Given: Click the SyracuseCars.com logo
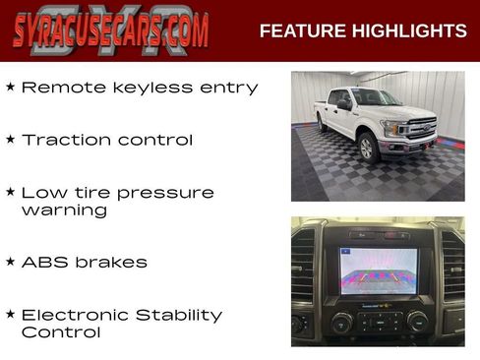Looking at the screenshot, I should click(x=110, y=30).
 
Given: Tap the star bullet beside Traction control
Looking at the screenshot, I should click(x=10, y=140).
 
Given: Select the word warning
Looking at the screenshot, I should click(x=64, y=210).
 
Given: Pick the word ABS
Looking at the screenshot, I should click(x=42, y=263).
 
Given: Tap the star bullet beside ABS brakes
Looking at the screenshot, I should click(x=10, y=263).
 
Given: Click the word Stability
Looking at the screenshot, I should click(x=182, y=316).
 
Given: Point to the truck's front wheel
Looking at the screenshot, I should click(x=369, y=147).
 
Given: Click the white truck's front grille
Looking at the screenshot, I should click(x=420, y=129).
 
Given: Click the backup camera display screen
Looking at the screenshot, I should click(x=378, y=270).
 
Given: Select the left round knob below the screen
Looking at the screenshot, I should click(x=341, y=322).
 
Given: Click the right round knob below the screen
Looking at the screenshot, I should click(x=417, y=322).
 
